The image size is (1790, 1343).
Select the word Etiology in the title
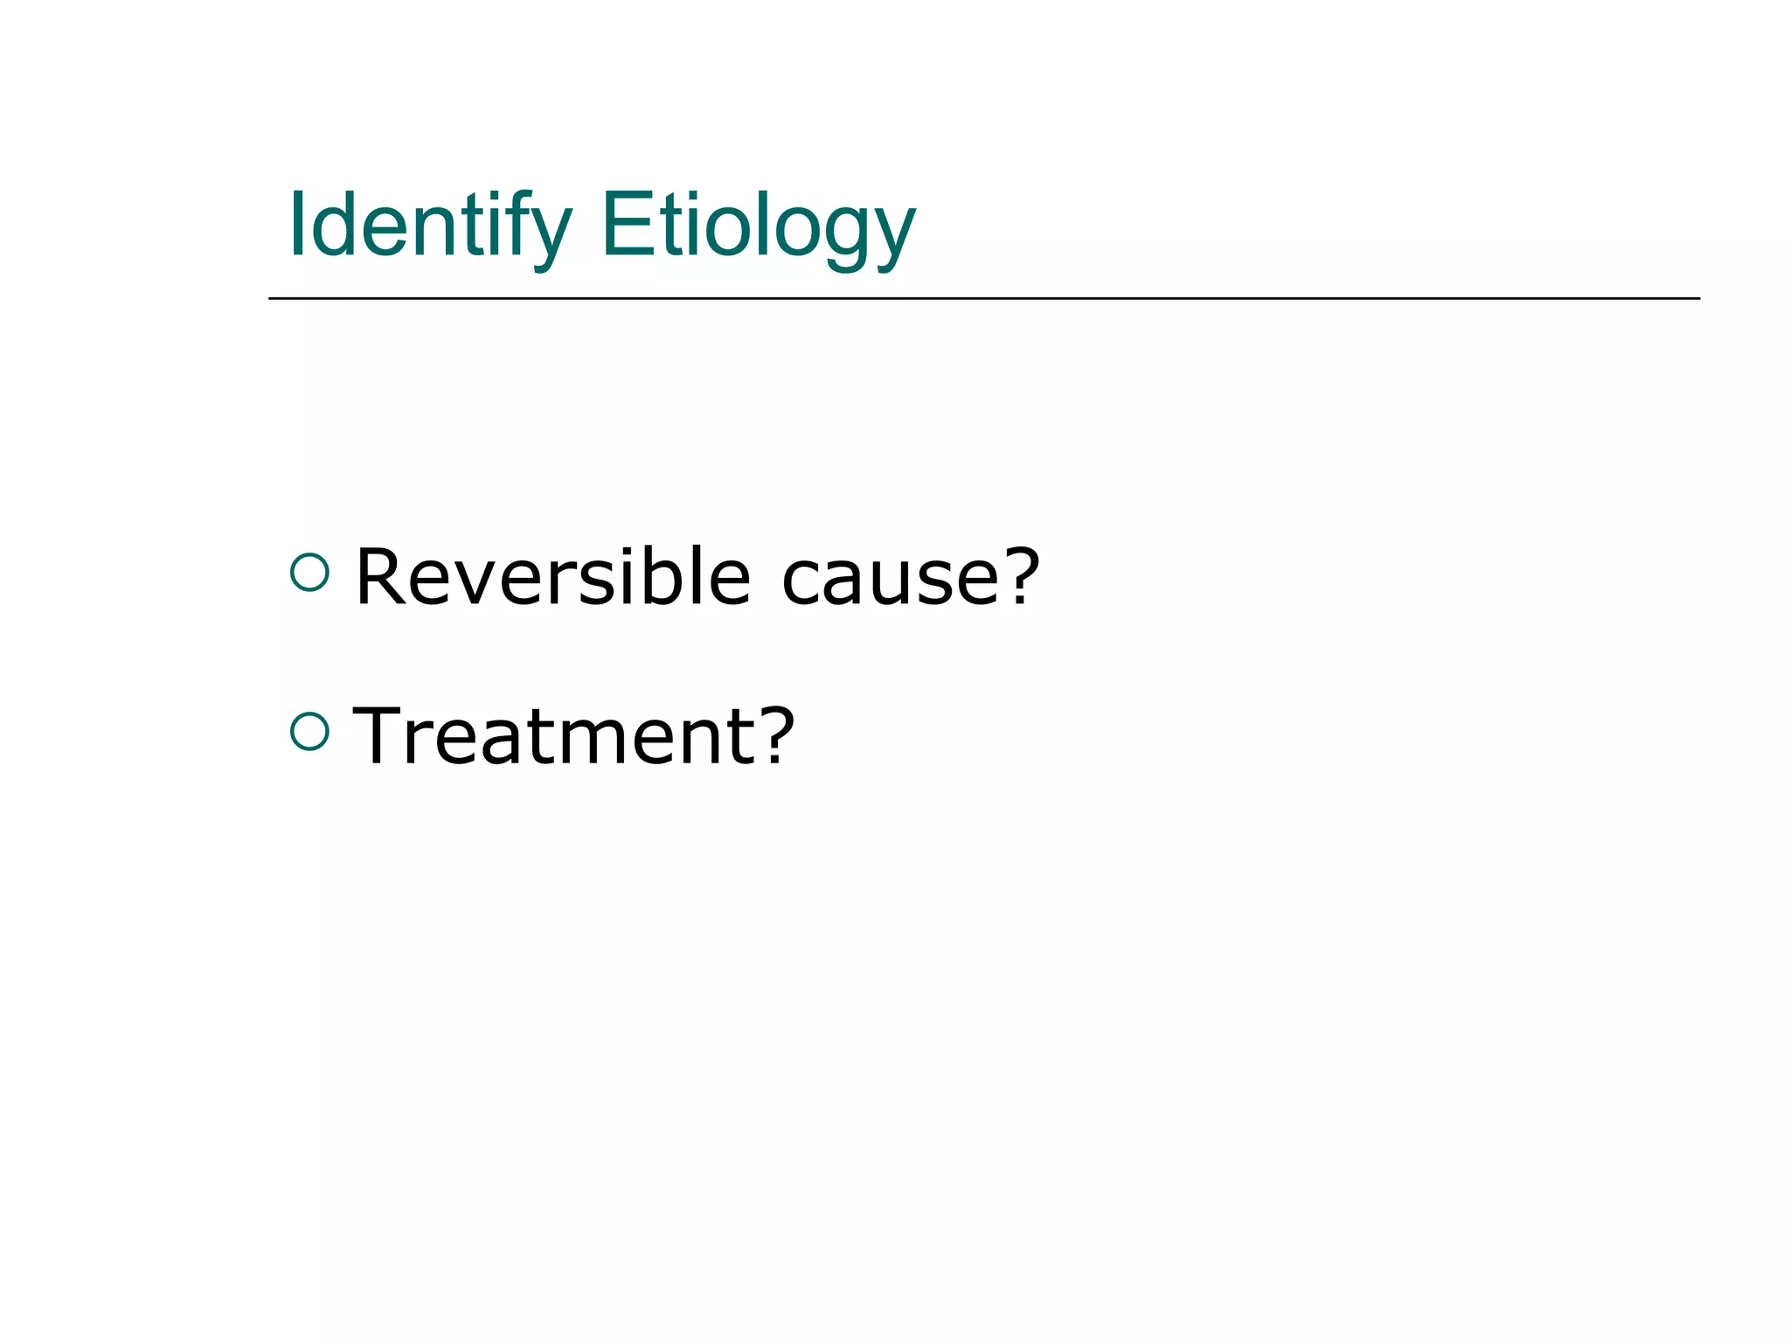(x=758, y=226)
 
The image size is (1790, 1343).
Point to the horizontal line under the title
(x=983, y=298)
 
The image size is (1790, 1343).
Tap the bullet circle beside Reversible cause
(x=309, y=574)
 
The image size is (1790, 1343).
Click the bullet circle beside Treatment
(x=309, y=731)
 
